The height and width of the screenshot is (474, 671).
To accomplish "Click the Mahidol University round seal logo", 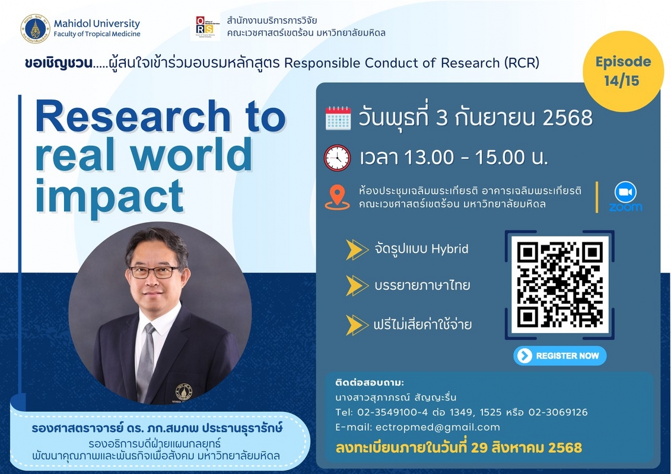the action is pos(36,28).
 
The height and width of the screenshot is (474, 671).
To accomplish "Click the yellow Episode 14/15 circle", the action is pos(623,71).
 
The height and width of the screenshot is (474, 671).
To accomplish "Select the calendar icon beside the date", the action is pos(338,118).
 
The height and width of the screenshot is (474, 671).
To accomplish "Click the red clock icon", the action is pos(337,158).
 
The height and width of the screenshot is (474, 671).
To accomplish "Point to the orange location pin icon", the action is pos(337,197).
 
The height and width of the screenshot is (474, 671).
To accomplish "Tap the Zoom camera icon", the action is pos(626,193).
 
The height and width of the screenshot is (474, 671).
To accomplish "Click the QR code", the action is pos(559,285).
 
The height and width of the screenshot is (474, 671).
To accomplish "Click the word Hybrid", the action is pos(450,249).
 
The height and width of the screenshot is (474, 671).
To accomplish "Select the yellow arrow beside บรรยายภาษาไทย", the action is pos(357,286).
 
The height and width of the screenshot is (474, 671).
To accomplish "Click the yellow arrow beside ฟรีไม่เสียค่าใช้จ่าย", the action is pos(357,325).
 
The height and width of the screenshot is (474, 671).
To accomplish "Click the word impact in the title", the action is pos(110,196).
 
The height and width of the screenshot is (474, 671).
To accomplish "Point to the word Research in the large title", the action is pos(133,116).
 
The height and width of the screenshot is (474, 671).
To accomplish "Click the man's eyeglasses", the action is pos(154,272).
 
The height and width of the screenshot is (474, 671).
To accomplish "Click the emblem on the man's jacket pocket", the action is pos(183,392).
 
